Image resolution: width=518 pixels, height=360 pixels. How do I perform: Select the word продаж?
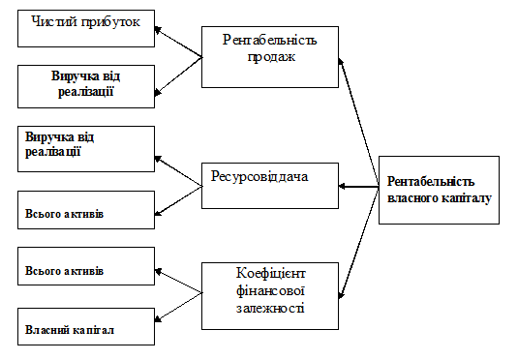point(271,57)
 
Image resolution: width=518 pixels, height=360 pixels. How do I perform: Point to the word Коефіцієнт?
point(270,274)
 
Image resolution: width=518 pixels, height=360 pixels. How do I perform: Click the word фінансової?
point(270,291)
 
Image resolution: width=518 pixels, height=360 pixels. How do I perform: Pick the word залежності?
point(270,308)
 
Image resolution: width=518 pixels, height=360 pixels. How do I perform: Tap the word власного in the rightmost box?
point(412,198)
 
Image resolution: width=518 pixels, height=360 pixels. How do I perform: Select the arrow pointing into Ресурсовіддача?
point(359,187)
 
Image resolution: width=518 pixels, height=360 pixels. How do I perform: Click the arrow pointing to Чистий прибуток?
point(178,43)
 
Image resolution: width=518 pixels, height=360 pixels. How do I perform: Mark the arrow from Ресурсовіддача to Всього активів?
point(178,201)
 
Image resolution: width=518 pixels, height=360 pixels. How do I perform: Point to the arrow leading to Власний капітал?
point(178,307)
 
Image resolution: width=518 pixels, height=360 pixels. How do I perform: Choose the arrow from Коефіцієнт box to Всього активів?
point(178,281)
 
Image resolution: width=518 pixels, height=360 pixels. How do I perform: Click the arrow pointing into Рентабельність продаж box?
point(359,122)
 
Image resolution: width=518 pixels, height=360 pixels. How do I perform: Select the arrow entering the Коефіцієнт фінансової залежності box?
point(359,243)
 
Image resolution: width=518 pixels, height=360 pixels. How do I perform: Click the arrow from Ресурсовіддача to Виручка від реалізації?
point(178,171)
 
